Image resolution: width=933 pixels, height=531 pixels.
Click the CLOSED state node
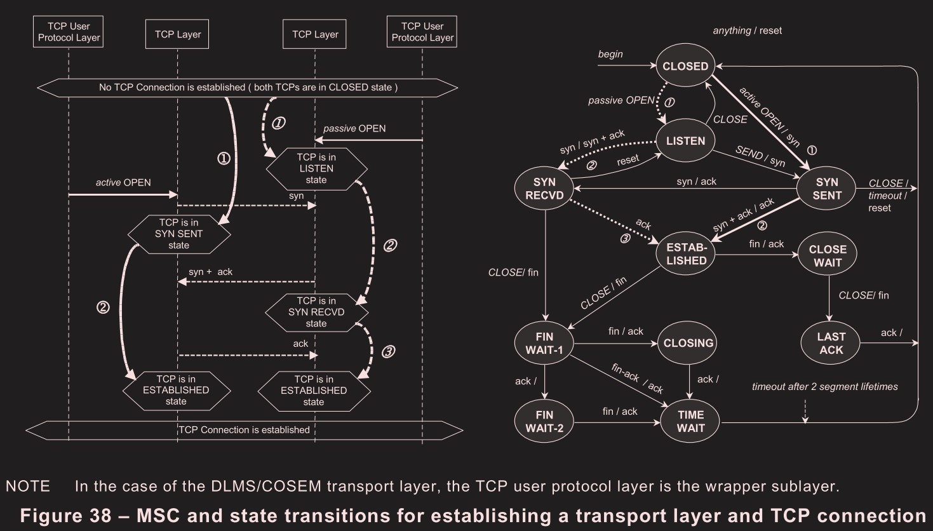point(685,66)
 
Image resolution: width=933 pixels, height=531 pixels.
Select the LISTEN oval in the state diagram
point(685,140)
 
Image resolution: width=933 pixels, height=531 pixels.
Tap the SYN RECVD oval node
point(544,189)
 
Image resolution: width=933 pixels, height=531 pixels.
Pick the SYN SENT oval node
point(826,189)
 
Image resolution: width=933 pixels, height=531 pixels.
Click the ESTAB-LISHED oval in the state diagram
point(686,254)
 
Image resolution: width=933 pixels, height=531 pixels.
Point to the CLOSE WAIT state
point(828,255)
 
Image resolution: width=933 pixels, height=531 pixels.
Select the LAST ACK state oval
point(831,343)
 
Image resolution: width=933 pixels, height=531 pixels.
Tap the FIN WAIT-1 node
point(544,343)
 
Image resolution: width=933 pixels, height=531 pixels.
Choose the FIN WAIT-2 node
point(544,422)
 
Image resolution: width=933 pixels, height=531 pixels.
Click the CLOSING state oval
point(688,343)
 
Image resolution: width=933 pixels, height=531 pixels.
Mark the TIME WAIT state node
point(690,422)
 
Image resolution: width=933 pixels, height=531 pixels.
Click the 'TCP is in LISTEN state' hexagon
point(316,168)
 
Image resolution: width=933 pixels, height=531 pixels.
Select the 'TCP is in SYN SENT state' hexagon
point(178,234)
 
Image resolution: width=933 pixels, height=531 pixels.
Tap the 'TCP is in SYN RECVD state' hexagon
point(316,312)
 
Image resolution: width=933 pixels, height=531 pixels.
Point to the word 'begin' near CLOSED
point(610,54)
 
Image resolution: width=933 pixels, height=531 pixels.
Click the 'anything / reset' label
point(747,30)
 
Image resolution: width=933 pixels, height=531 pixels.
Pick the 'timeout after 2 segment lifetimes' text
point(824,386)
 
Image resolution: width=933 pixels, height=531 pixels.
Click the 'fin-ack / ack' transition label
point(637,379)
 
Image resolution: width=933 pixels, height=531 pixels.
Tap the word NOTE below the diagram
point(28,487)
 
